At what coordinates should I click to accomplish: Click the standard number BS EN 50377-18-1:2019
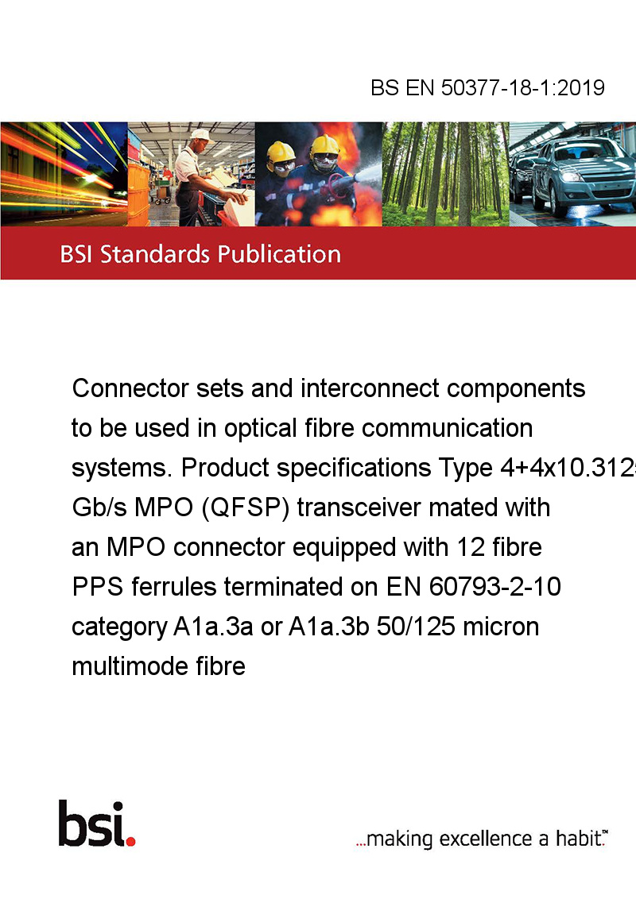(x=487, y=87)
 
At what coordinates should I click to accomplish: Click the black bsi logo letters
(x=92, y=824)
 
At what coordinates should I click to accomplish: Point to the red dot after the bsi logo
(x=130, y=841)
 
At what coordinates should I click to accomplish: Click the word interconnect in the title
(x=370, y=388)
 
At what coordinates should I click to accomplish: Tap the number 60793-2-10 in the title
(x=494, y=587)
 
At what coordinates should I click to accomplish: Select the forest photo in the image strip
(x=445, y=174)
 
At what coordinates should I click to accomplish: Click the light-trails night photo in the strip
(x=64, y=174)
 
